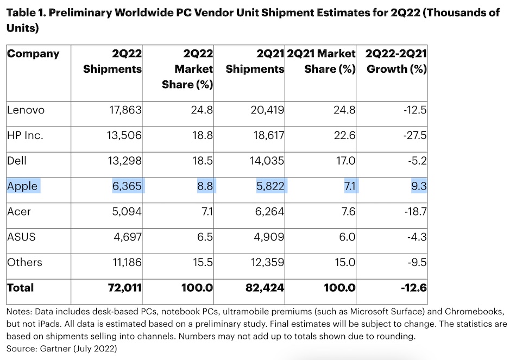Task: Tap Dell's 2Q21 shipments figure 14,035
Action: pos(266,161)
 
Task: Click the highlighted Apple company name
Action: pos(23,187)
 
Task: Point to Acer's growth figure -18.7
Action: pos(414,212)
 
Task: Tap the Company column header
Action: pos(33,54)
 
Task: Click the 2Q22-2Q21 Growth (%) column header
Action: pos(395,61)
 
